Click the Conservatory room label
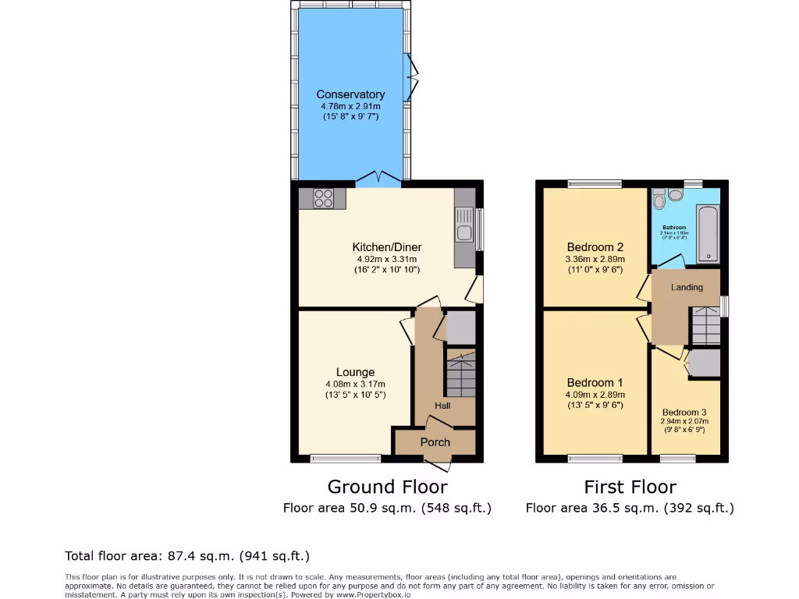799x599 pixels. [x=350, y=94]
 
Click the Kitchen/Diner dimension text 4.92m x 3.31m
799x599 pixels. [x=386, y=259]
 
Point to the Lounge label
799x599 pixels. [x=355, y=372]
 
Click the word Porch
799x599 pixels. [x=435, y=442]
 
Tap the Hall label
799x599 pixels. [x=442, y=406]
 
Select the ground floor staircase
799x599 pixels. [x=460, y=374]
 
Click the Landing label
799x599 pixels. [x=687, y=287]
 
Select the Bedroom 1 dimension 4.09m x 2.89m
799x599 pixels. [x=595, y=395]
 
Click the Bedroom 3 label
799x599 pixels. [x=684, y=413]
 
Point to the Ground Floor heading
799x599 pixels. [x=387, y=487]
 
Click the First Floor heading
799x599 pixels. [x=630, y=487]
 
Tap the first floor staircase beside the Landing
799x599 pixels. [x=706, y=326]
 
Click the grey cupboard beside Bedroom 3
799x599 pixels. [x=704, y=363]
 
